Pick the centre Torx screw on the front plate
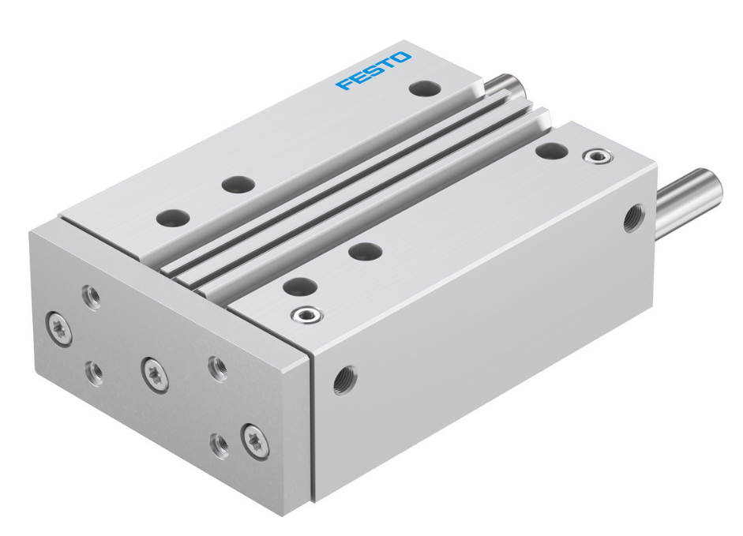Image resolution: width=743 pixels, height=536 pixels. (x=154, y=373)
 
